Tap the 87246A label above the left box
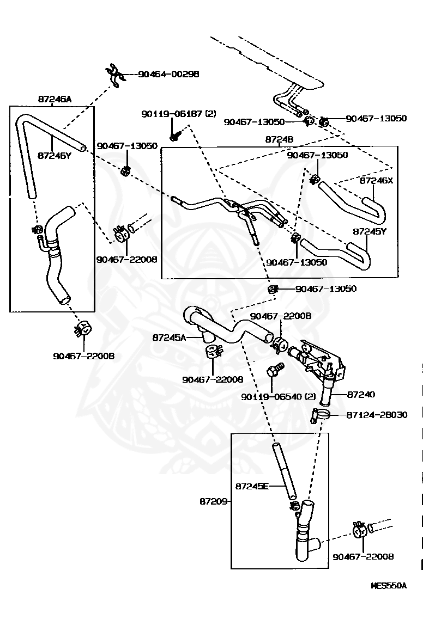coord(55,100)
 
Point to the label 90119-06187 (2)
coord(179,114)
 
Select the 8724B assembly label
coord(279,140)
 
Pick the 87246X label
coord(376,180)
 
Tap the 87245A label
coord(169,337)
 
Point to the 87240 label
coord(361,394)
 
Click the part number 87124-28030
coord(377,415)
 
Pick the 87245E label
coord(252,486)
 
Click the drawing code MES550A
coord(388,586)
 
